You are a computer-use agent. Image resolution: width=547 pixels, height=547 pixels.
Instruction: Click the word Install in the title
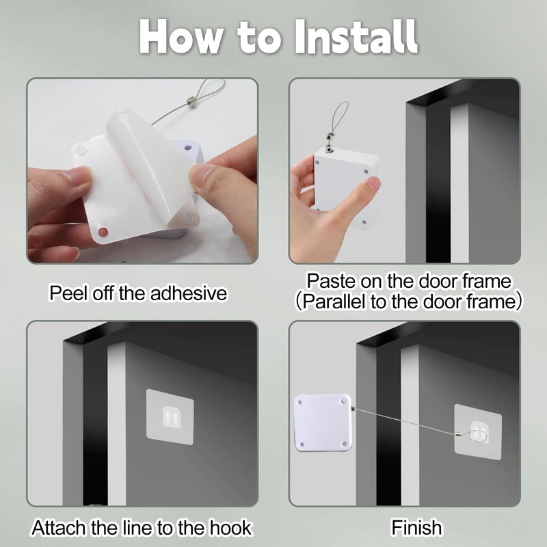356,37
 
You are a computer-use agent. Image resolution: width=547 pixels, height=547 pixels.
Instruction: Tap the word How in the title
181,38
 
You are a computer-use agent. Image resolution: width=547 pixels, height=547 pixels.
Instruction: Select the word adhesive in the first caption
189,293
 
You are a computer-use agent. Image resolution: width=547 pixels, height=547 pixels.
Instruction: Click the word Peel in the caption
69,293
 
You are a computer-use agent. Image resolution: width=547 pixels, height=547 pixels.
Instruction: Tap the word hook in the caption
230,527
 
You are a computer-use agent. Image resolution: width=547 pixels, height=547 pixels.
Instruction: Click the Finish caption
416,527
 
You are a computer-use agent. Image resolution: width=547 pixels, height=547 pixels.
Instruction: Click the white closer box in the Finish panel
322,423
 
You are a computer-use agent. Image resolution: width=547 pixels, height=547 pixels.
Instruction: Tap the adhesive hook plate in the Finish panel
477,432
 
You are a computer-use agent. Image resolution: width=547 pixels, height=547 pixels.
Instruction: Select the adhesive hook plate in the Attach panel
170,417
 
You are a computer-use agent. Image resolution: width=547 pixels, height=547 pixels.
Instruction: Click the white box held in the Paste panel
347,187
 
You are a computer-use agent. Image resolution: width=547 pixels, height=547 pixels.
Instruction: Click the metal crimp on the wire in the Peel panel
191,101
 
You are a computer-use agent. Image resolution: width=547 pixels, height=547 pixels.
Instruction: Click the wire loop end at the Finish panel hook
471,436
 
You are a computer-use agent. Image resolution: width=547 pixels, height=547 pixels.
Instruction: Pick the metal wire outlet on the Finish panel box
353,408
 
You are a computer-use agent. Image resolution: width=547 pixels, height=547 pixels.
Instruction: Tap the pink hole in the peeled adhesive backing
103,232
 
